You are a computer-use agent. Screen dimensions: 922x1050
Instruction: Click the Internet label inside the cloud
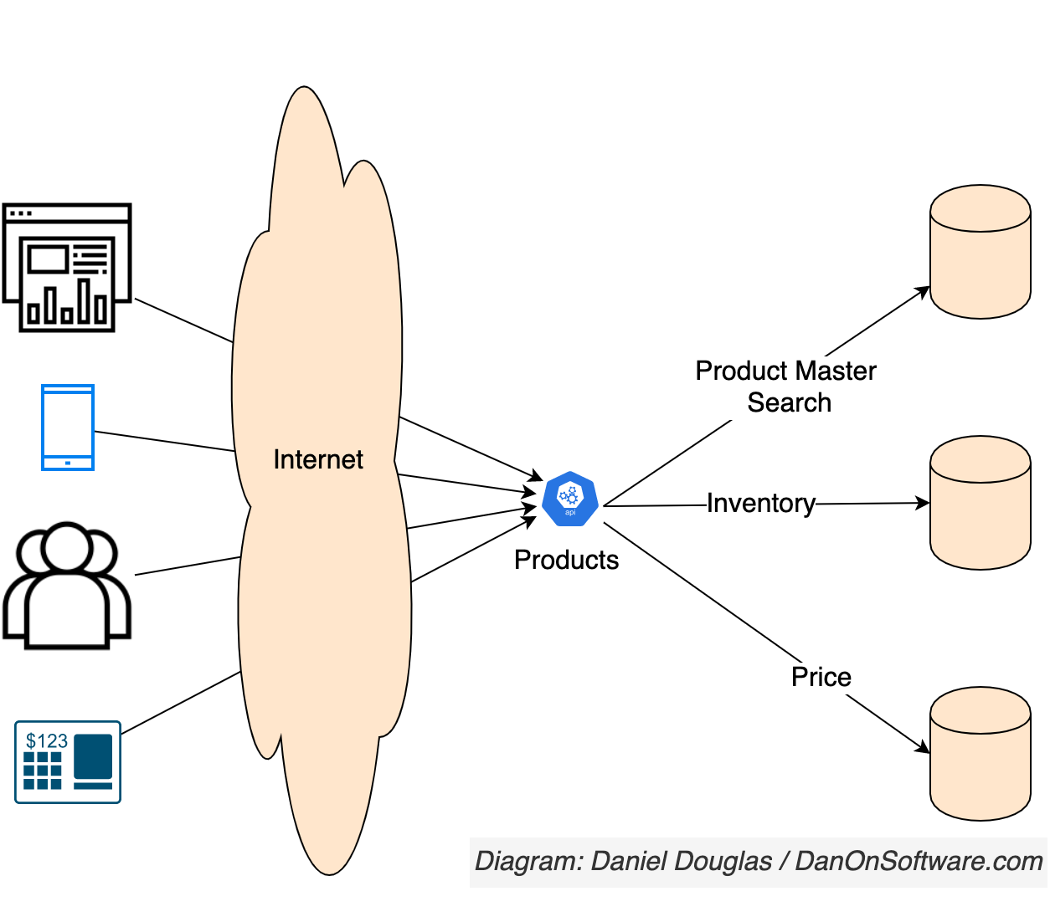coord(318,459)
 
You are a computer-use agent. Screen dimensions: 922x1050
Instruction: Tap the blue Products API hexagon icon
coord(569,499)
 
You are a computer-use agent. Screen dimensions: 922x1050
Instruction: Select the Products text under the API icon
coord(566,560)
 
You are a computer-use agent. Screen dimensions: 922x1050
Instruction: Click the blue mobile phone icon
coord(68,428)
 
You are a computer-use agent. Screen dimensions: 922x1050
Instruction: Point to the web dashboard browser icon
coord(67,267)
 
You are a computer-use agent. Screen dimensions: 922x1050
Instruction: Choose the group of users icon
coord(67,585)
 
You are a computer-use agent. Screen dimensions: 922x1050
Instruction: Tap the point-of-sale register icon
coord(68,762)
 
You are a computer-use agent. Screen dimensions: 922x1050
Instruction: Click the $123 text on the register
coord(47,740)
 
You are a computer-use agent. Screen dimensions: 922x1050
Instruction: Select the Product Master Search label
coord(786,387)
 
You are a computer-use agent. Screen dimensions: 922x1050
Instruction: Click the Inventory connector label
coord(760,503)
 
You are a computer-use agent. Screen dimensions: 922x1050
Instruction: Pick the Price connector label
coord(821,677)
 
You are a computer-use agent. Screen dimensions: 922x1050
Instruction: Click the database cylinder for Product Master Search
coord(980,252)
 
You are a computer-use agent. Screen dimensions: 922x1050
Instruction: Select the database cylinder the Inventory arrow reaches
coord(980,503)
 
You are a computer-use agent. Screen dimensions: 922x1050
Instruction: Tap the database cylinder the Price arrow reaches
coord(980,754)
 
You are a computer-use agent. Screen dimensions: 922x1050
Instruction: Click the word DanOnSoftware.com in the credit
coord(919,861)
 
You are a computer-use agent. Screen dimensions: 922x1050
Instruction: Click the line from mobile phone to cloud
coord(164,441)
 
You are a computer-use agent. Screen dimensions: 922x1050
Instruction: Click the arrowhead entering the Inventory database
coord(923,503)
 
